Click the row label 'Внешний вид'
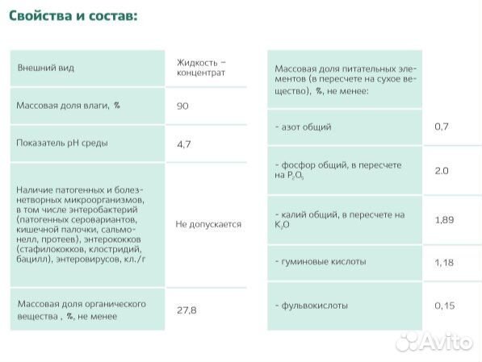pyautogui.click(x=46, y=68)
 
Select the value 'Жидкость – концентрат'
pyautogui.click(x=200, y=68)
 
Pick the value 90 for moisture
pyautogui.click(x=182, y=106)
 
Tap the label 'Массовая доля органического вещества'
pyautogui.click(x=81, y=310)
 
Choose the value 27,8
pyautogui.click(x=186, y=310)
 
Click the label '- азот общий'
pyautogui.click(x=303, y=127)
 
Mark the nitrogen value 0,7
pyautogui.click(x=441, y=127)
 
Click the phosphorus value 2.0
pyautogui.click(x=441, y=171)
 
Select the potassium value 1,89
pyautogui.click(x=444, y=219)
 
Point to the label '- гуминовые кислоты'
pyautogui.click(x=321, y=262)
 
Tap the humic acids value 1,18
pyautogui.click(x=444, y=262)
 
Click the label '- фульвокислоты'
pyautogui.click(x=312, y=306)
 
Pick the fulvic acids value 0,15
pyautogui.click(x=444, y=306)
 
